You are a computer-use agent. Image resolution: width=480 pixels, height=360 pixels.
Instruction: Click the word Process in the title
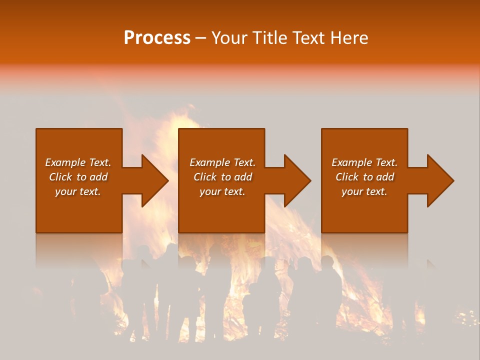click(157, 38)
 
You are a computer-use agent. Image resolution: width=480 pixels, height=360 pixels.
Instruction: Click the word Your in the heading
click(229, 38)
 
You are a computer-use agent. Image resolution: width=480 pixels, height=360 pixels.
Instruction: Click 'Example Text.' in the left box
click(78, 162)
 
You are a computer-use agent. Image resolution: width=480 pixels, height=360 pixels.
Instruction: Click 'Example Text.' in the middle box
click(222, 162)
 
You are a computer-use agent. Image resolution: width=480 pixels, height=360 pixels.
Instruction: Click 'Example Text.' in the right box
click(364, 162)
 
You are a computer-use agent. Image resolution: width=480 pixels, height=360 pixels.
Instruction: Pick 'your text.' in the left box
click(78, 191)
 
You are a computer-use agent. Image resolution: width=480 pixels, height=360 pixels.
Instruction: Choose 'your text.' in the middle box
click(222, 191)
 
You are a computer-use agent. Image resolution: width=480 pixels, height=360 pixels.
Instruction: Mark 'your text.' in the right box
click(364, 191)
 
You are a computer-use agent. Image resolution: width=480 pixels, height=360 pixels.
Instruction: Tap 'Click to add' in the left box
click(78, 177)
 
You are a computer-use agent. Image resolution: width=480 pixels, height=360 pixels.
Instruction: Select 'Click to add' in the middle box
click(222, 177)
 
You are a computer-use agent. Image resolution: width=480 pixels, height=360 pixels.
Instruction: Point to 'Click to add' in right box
click(364, 177)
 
